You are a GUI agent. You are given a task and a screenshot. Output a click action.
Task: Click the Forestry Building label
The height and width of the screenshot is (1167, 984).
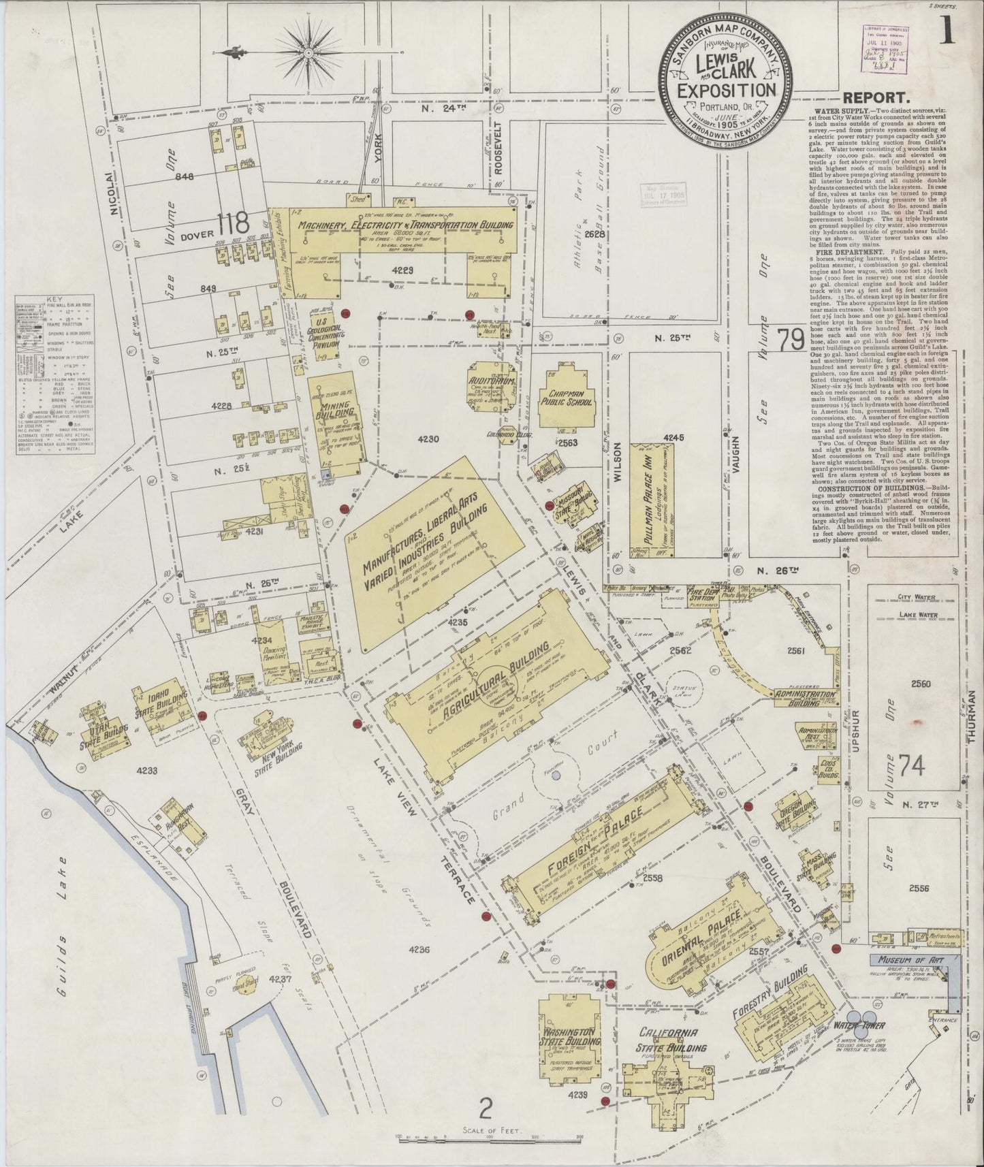point(770,991)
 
